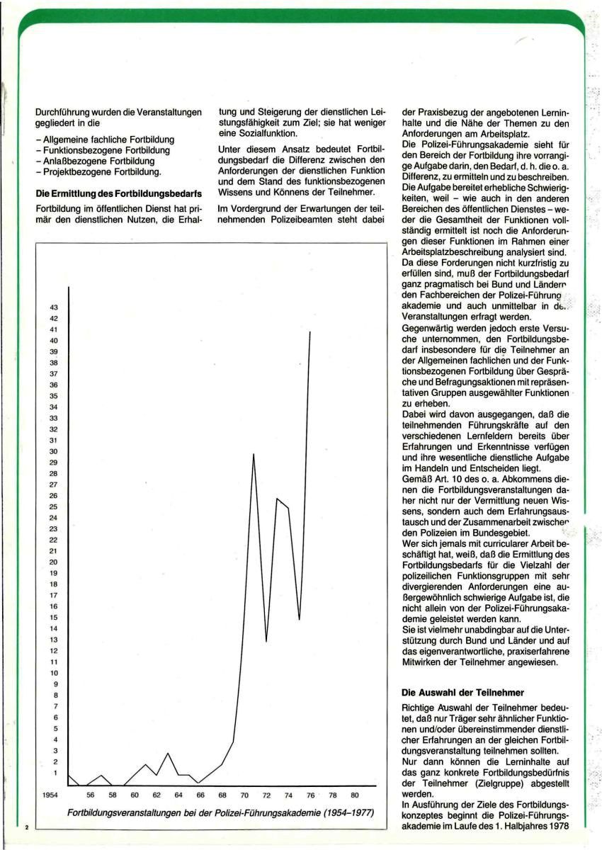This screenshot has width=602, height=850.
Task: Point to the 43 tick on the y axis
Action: [x=53, y=307]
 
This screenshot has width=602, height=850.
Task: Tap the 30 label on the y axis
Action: [x=53, y=451]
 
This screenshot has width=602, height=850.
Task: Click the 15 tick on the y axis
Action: [x=53, y=618]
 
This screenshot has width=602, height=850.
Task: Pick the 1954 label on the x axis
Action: [x=50, y=795]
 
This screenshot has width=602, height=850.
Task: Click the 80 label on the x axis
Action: [x=355, y=795]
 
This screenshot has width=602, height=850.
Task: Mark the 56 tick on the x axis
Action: [x=91, y=795]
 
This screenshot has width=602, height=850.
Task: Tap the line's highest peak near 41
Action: [x=310, y=331]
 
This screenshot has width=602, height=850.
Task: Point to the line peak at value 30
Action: [x=254, y=453]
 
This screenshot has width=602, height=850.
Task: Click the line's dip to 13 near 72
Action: [x=266, y=641]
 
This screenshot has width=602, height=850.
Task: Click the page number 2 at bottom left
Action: [x=26, y=826]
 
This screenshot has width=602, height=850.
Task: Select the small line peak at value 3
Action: [x=168, y=752]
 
